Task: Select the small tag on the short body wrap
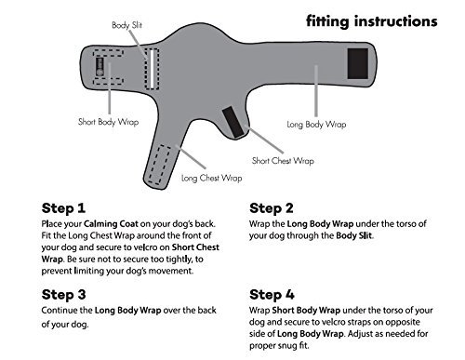point(100,67)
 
